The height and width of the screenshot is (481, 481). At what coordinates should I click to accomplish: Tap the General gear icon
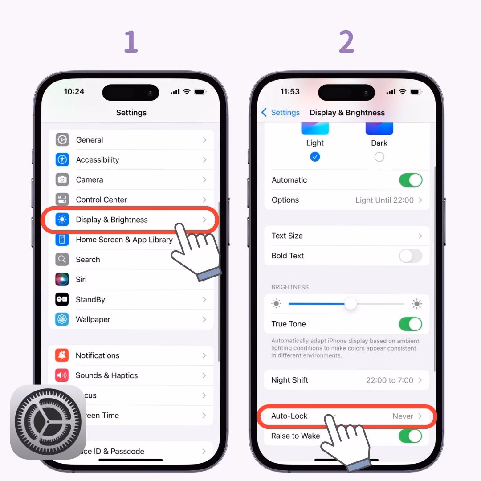pyautogui.click(x=62, y=139)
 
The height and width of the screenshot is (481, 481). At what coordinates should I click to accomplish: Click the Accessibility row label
pyautogui.click(x=98, y=159)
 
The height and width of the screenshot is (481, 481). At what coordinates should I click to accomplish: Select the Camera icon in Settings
pyautogui.click(x=62, y=179)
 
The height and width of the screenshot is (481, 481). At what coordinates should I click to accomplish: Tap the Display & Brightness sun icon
pyautogui.click(x=62, y=220)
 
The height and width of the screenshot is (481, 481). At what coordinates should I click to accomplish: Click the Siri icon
pyautogui.click(x=62, y=279)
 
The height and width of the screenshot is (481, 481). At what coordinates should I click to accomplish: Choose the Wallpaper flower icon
pyautogui.click(x=62, y=319)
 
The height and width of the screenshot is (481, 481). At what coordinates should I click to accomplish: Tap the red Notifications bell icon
pyautogui.click(x=62, y=355)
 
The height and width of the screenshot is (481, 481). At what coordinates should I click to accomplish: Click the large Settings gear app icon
pyautogui.click(x=48, y=422)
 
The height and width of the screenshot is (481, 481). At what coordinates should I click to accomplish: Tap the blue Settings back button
pyautogui.click(x=281, y=113)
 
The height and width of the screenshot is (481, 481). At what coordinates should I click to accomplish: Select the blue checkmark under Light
pyautogui.click(x=315, y=157)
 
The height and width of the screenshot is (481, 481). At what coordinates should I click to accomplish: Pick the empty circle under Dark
pyautogui.click(x=379, y=157)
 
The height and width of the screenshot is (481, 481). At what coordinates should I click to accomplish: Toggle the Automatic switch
pyautogui.click(x=410, y=180)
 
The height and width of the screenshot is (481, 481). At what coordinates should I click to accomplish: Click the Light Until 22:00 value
pyautogui.click(x=384, y=200)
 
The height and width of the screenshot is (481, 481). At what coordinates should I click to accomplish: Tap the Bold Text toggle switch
pyautogui.click(x=410, y=256)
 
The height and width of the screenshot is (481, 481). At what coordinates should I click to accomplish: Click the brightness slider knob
pyautogui.click(x=351, y=304)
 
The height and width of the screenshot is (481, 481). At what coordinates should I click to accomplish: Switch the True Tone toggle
pyautogui.click(x=410, y=324)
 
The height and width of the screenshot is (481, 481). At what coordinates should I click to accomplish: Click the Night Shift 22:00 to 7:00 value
pyautogui.click(x=389, y=380)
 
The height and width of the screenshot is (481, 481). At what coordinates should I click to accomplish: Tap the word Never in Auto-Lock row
pyautogui.click(x=403, y=416)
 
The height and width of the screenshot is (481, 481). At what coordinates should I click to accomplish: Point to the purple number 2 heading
pyautogui.click(x=346, y=42)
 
